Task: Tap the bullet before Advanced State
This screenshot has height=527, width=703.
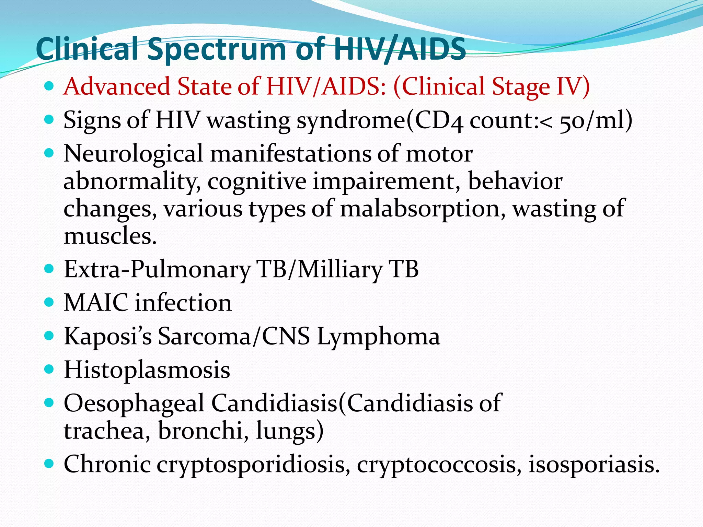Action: coord(49,86)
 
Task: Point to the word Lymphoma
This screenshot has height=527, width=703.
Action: coord(378,337)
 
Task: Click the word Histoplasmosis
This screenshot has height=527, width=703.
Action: coord(147,370)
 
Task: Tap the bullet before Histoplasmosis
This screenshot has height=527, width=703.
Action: coord(49,369)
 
